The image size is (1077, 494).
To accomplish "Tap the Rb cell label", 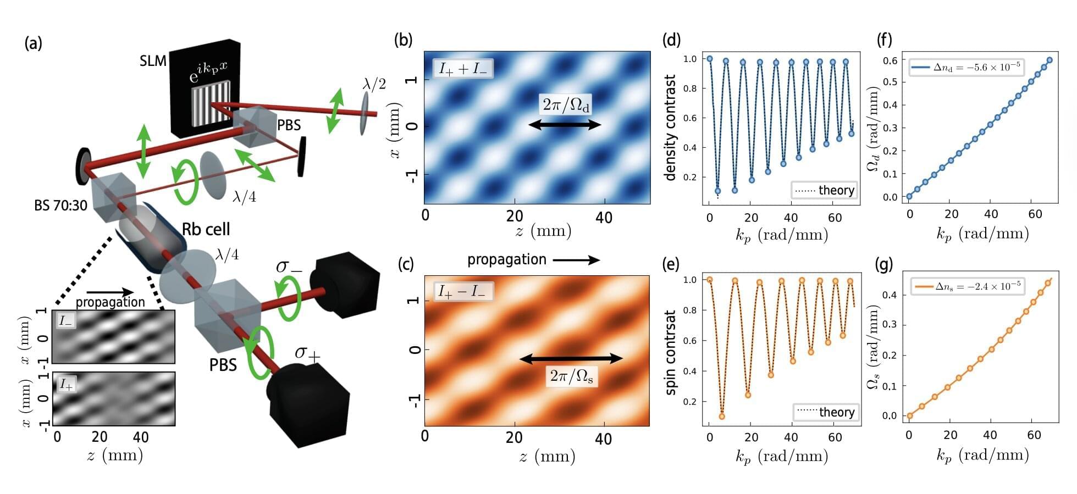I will pos(206,229).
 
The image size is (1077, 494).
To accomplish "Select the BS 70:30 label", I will pos(60,206).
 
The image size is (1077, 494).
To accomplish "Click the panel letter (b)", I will pos(404,40).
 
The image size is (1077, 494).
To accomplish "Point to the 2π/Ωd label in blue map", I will pos(566,104).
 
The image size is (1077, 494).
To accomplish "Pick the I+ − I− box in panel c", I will pos(461,291).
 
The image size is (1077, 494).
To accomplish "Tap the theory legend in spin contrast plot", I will pos(826,412).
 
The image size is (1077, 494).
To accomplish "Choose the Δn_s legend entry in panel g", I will pos(968,286).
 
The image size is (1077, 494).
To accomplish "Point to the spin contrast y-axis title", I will pos(671,352).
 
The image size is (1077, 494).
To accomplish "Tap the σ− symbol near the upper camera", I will pos(289,267).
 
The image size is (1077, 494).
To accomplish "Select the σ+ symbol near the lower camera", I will pos(307,354).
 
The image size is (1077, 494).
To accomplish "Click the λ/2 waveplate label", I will pos(374,84).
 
